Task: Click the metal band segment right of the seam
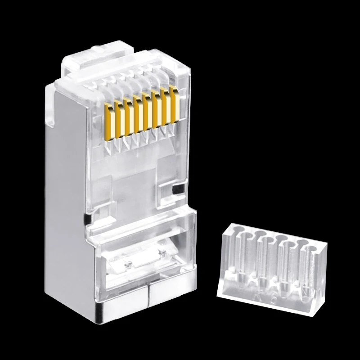[169, 299]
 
